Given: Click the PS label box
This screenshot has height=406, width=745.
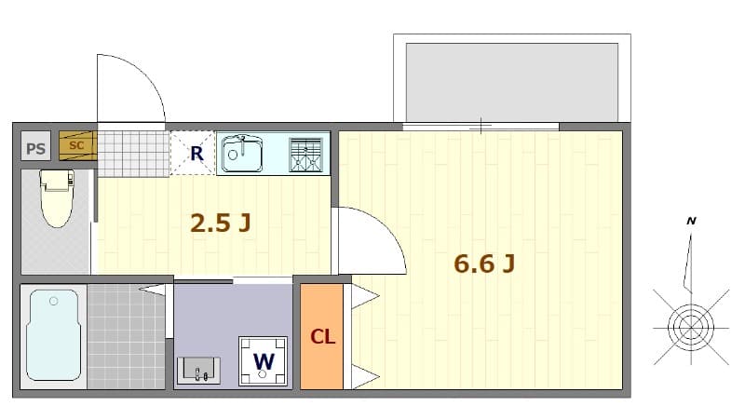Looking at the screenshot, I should click(36, 147).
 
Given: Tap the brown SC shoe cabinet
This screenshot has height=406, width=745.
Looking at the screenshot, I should click(77, 145).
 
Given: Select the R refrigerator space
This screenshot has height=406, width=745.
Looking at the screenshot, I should click(196, 154).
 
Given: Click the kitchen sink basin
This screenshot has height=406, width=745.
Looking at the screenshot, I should click(242, 153).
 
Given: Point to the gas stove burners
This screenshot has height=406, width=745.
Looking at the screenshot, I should click(305, 154).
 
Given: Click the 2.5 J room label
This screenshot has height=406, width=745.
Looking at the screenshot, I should click(221, 223).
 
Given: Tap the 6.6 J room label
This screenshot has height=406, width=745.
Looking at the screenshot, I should click(484, 264).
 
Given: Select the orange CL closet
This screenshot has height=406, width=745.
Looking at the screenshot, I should click(322, 336).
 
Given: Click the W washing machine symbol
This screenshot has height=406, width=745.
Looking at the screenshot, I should click(264, 360).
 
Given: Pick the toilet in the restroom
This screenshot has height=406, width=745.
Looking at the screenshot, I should click(57, 197).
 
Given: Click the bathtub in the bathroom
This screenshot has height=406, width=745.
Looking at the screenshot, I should click(54, 333).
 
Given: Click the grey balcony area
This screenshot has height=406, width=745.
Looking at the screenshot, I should click(511, 81).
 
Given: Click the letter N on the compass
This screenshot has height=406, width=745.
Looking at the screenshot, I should click(691, 221).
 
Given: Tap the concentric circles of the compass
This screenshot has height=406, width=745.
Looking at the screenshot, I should click(690, 327).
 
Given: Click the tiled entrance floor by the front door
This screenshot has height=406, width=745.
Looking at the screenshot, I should click(133, 153).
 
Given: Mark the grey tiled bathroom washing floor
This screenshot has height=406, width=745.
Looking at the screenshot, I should click(126, 335).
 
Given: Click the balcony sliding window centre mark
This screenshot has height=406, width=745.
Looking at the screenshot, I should click(481, 126).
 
